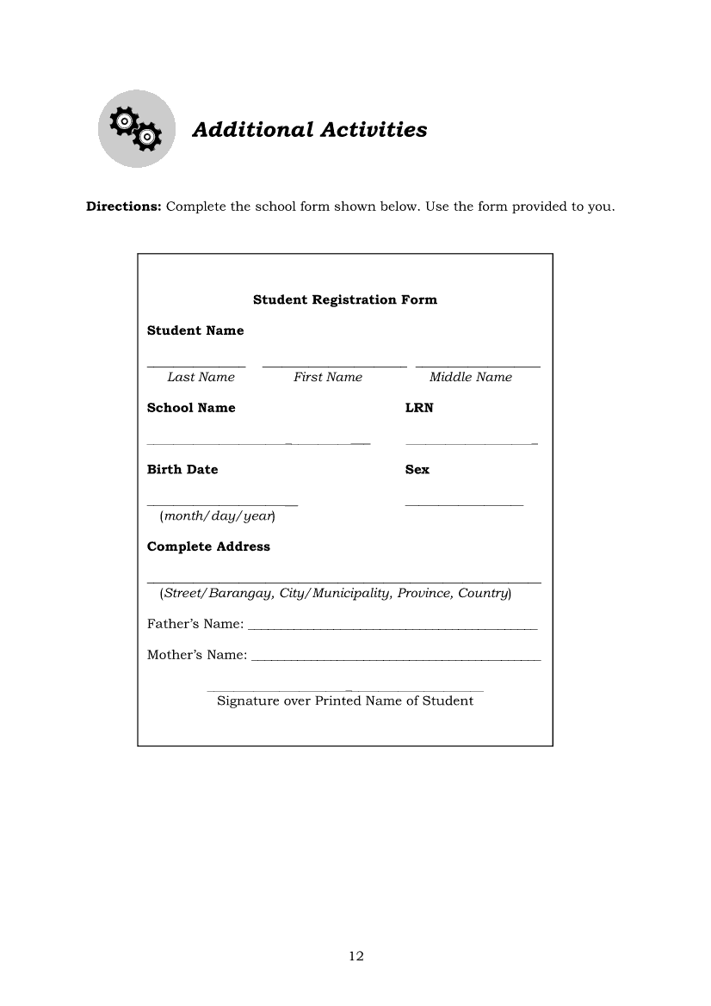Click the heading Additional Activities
pos(310,130)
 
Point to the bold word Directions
pos(123,207)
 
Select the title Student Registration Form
pos(345,299)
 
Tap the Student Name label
pos(195,330)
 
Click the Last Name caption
pos(201,377)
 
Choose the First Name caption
pos(328,377)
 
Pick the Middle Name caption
pos(470,377)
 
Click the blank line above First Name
pos(334,367)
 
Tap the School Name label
pos(191,408)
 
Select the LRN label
pos(419,408)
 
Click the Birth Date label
pos(182,469)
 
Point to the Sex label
pos(417,469)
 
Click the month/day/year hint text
pos(217,516)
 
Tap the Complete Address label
pos(208,546)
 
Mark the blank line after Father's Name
pos(392,628)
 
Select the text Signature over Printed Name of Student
pos(345,700)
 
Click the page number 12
pos(356,956)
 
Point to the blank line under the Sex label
pos(464,504)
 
